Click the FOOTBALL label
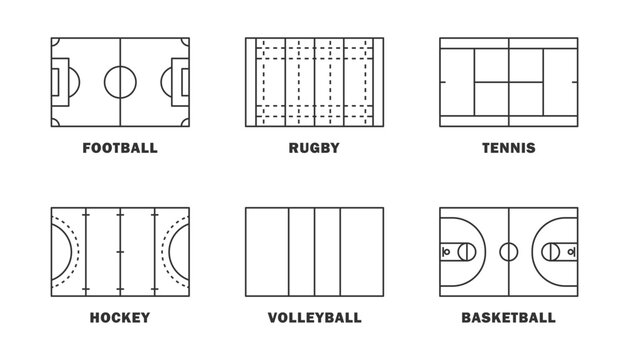119,148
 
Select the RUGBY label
314,148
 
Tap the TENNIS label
508,148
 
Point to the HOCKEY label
119,318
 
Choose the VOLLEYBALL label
314,318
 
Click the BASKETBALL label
508,318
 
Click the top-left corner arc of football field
54,41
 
